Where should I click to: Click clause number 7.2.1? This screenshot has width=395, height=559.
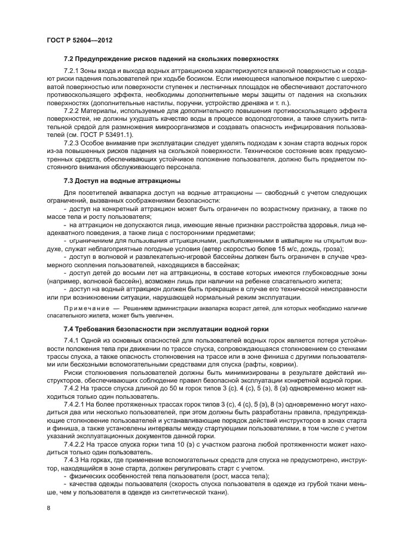[x=73, y=71]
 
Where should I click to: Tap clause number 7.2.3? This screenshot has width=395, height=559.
[x=73, y=143]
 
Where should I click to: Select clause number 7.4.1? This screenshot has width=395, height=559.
[x=73, y=340]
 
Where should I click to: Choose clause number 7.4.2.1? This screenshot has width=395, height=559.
[x=75, y=405]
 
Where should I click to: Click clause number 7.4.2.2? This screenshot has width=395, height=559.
[x=75, y=444]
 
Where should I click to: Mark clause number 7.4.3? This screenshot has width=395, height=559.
[x=73, y=460]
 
